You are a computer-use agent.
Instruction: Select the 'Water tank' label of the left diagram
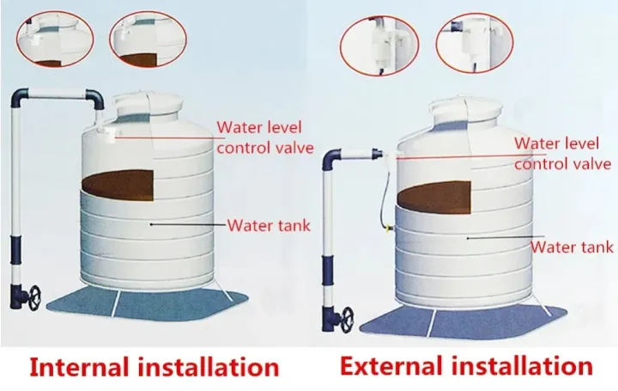(269, 226)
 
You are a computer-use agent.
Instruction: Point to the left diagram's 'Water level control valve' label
(265, 137)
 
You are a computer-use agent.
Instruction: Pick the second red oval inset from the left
(148, 40)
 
